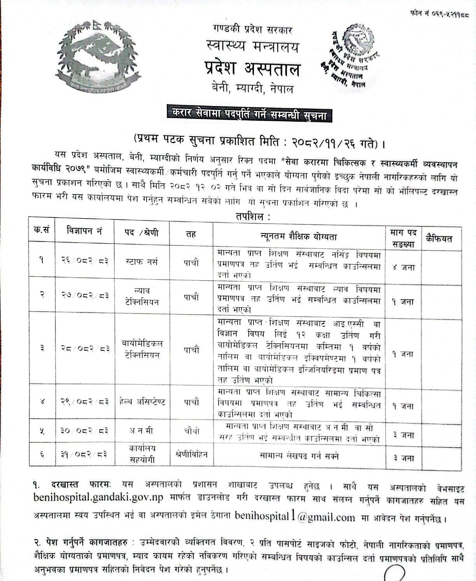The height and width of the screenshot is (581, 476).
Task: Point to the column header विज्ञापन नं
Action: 84,234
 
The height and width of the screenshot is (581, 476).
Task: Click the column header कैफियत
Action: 441,238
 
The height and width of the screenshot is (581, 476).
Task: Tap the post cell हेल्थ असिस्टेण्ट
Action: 143,402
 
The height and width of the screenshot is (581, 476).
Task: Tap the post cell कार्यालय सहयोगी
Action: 143,454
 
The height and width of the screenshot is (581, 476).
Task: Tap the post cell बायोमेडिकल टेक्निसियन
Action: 143,349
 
